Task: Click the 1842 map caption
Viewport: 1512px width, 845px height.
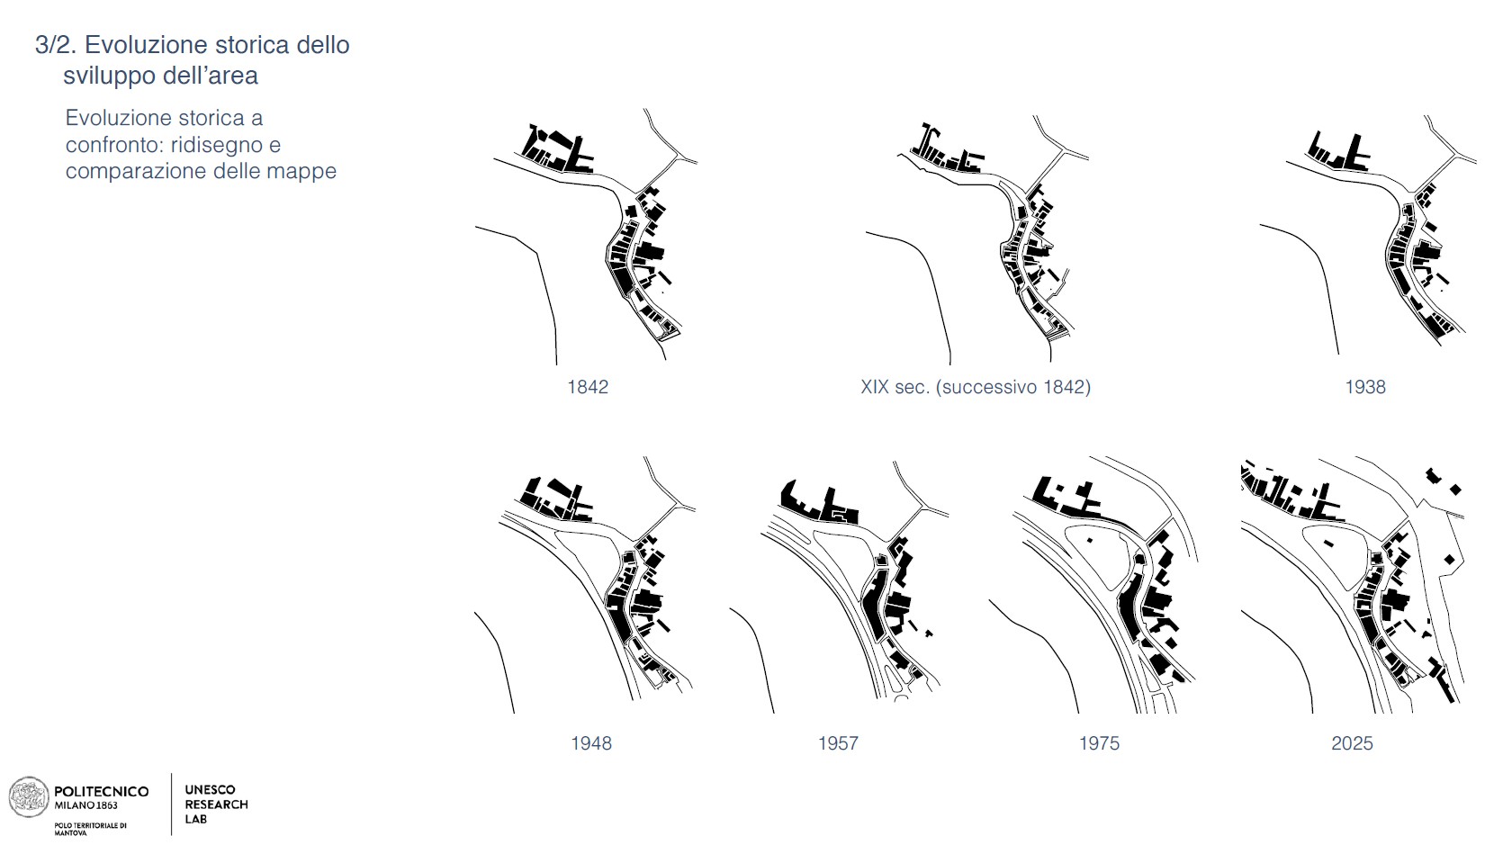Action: click(x=588, y=387)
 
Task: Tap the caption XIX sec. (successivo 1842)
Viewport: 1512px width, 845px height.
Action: click(x=976, y=387)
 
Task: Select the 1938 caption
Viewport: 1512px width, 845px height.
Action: click(x=1365, y=387)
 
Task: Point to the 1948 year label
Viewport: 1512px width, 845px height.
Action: click(x=591, y=743)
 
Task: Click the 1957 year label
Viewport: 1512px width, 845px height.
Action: click(x=838, y=743)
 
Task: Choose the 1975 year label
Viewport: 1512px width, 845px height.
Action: click(x=1099, y=743)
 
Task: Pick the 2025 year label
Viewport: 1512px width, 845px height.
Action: click(x=1352, y=743)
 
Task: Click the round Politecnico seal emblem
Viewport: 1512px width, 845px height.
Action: click(x=28, y=797)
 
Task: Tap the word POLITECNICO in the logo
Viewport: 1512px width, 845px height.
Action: click(x=102, y=791)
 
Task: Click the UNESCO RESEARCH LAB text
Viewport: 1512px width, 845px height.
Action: click(x=216, y=805)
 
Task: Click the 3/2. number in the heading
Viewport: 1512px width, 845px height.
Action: click(x=57, y=45)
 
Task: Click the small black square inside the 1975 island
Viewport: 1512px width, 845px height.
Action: click(x=1089, y=541)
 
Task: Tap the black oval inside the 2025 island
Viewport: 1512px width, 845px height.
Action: click(x=1328, y=544)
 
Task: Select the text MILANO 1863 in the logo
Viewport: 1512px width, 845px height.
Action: click(x=86, y=805)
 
